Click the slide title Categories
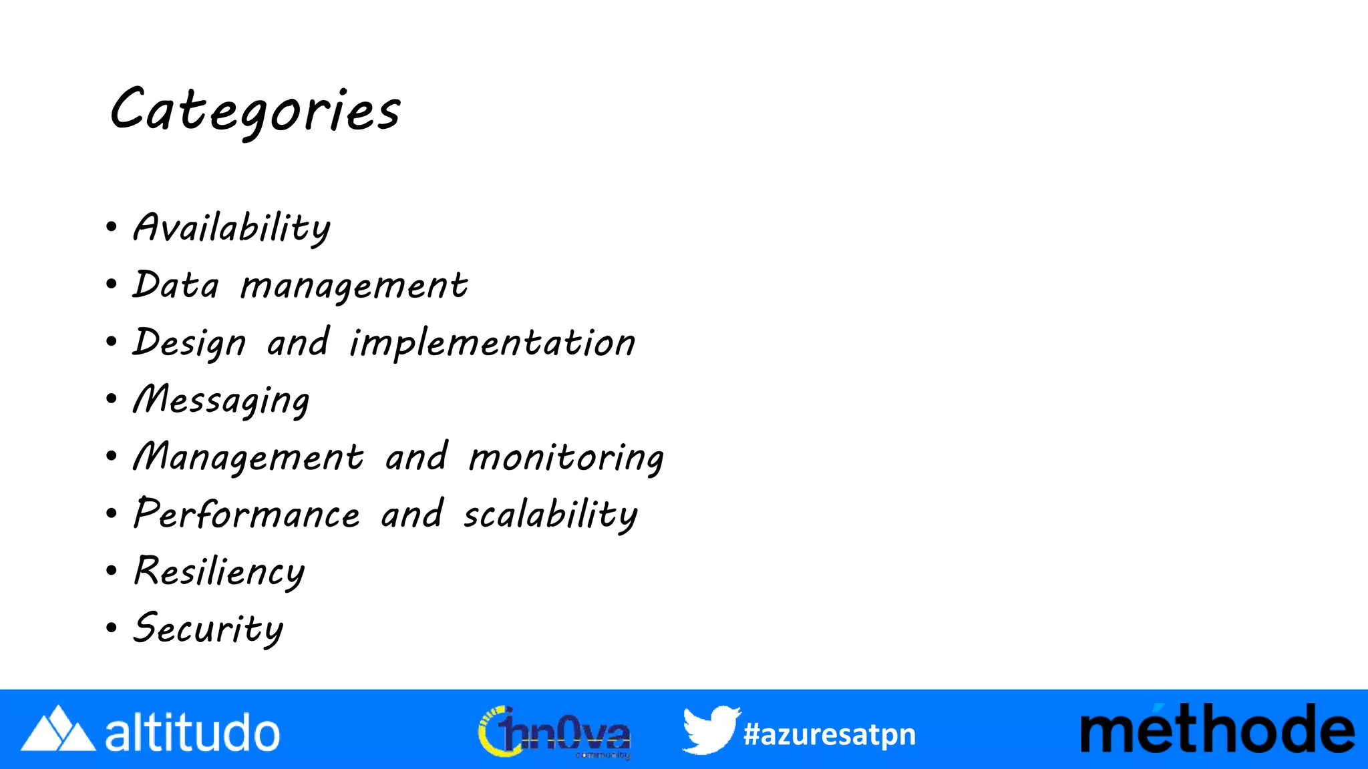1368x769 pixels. pyautogui.click(x=254, y=111)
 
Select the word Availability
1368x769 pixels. pyautogui.click(x=232, y=228)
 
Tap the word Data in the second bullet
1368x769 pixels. pyautogui.click(x=176, y=285)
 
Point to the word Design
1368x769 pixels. pyautogui.click(x=190, y=343)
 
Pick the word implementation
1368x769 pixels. pyautogui.click(x=492, y=343)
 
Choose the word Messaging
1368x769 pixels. pyautogui.click(x=221, y=401)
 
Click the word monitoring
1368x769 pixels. pyautogui.click(x=566, y=459)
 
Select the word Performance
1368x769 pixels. pyautogui.click(x=246, y=515)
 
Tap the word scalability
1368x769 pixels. pyautogui.click(x=550, y=515)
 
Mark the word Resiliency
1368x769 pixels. pyautogui.click(x=219, y=572)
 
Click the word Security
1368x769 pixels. pyautogui.click(x=208, y=629)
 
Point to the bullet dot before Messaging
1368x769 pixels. pyautogui.click(x=112, y=399)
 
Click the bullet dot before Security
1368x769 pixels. pyautogui.click(x=112, y=627)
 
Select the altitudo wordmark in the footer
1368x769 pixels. pyautogui.click(x=192, y=732)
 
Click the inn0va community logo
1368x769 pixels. pyautogui.click(x=554, y=732)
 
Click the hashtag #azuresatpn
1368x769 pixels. pyautogui.click(x=829, y=734)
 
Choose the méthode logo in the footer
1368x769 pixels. pyautogui.click(x=1217, y=730)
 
